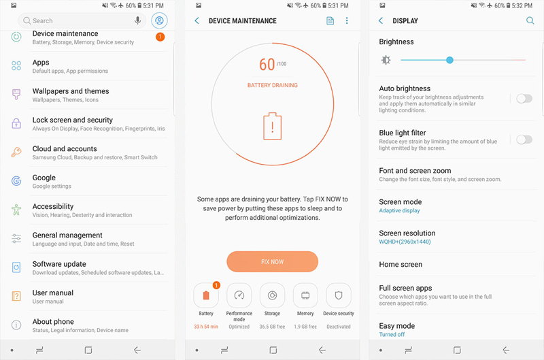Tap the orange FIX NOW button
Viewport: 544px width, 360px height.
point(273,261)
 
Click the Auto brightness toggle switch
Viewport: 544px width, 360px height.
point(524,99)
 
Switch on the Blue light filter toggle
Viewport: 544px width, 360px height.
point(524,140)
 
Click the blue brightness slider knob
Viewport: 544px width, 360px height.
point(449,60)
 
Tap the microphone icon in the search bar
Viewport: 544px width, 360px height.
point(138,20)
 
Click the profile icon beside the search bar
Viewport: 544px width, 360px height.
point(159,20)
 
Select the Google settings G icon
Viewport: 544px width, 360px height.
point(16,181)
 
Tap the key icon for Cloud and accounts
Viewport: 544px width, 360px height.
point(16,152)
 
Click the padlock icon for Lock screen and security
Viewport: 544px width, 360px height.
point(16,123)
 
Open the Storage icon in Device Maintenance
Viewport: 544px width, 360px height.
point(273,295)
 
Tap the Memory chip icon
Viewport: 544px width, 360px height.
point(305,295)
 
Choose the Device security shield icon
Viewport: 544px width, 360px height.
point(339,295)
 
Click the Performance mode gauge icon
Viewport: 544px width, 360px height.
point(239,295)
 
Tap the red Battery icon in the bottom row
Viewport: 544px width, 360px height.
point(206,295)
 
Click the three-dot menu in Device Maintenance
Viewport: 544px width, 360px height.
point(347,20)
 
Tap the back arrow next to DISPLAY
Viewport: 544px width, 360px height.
point(381,20)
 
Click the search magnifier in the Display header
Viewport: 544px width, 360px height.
point(530,20)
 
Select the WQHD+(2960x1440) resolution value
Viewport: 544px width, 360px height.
point(405,242)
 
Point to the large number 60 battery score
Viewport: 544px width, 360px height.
point(267,65)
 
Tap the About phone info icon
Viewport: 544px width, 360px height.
point(16,325)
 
